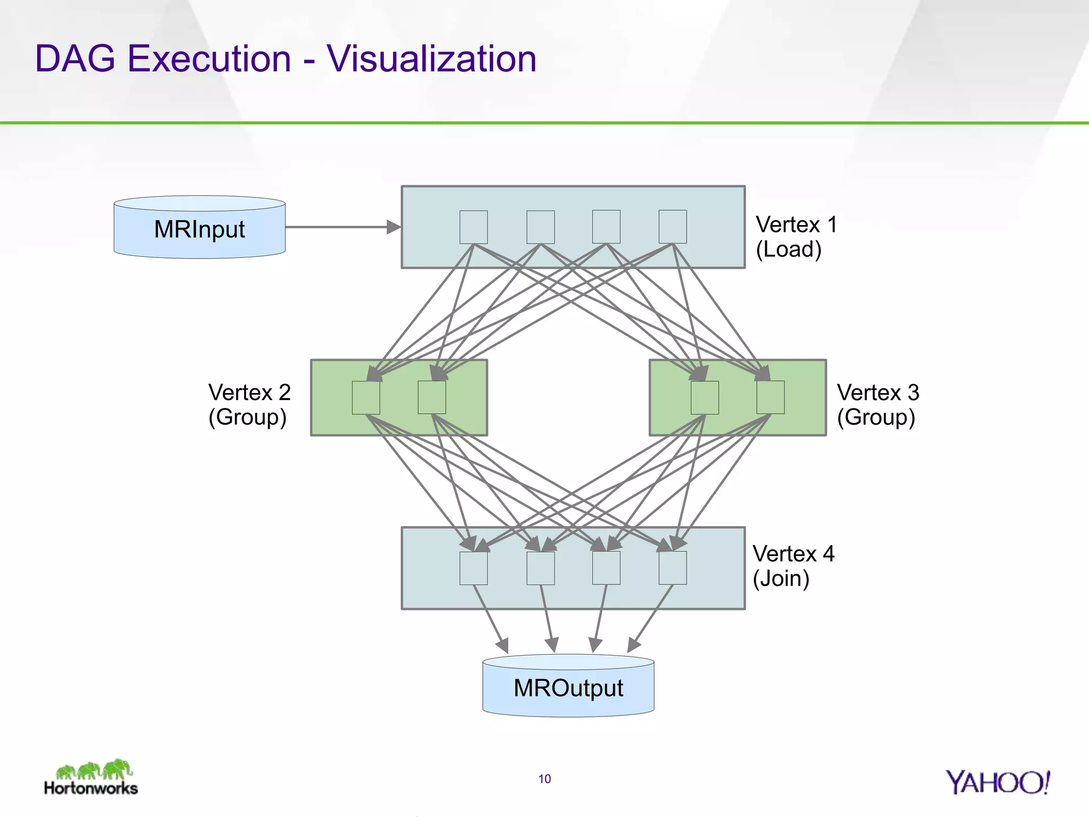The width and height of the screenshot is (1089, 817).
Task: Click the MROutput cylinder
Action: coord(568,687)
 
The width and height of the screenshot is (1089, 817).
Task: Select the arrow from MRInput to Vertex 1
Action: coord(340,227)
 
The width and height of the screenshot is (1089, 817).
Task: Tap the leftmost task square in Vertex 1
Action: coord(473,227)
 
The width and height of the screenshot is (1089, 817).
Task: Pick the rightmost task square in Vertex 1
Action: coord(672,227)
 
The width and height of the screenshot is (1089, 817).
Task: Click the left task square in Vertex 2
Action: coord(366,397)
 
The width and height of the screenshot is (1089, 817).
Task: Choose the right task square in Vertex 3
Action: coord(770,397)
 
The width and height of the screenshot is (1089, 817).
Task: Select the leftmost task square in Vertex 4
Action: coord(473,568)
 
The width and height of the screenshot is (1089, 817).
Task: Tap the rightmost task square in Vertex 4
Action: coord(672,568)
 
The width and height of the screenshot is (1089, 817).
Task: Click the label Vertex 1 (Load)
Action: coord(796,237)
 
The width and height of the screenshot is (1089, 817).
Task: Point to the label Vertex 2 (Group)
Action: coord(249,405)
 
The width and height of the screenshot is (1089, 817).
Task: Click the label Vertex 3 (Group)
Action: coord(877,405)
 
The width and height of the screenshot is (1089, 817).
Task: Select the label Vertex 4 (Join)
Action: coord(793,566)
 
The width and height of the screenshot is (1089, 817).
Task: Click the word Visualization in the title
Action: coord(431,59)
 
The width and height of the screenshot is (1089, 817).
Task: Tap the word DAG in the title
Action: coord(75,59)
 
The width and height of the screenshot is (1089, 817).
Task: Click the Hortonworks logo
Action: coord(91,778)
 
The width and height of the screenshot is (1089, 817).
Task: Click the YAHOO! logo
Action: coord(997,782)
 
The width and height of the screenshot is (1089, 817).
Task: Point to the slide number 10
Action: coord(544,779)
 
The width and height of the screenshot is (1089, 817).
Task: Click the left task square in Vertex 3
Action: coord(705,397)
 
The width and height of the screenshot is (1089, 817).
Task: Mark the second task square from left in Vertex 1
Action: coord(540,227)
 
